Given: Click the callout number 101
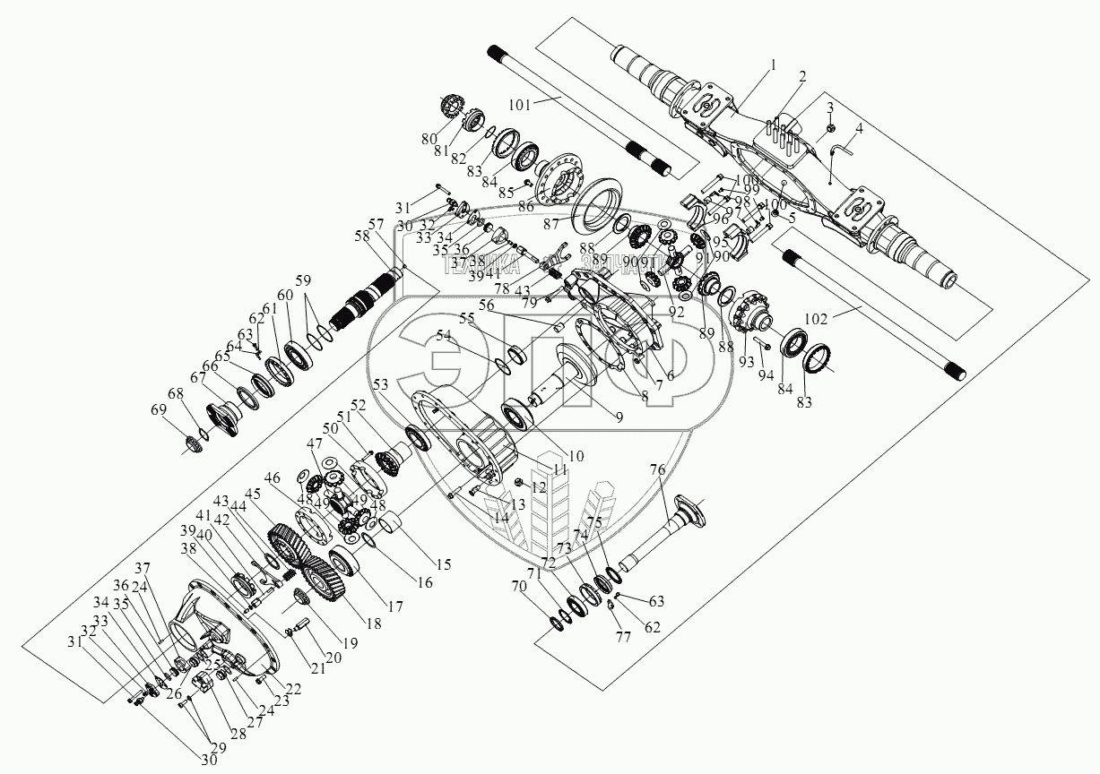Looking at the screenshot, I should (520, 104).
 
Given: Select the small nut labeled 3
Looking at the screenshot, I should (829, 121).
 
